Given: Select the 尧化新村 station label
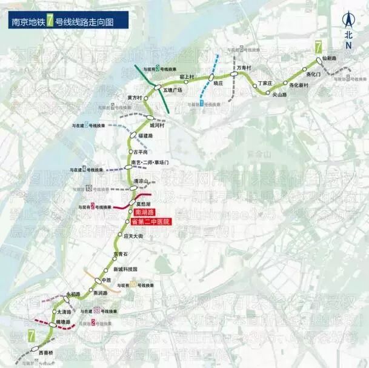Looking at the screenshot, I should coord(299,85).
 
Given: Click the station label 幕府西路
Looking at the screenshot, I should coord(134,97).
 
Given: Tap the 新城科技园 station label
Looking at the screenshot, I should coord(125,269).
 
